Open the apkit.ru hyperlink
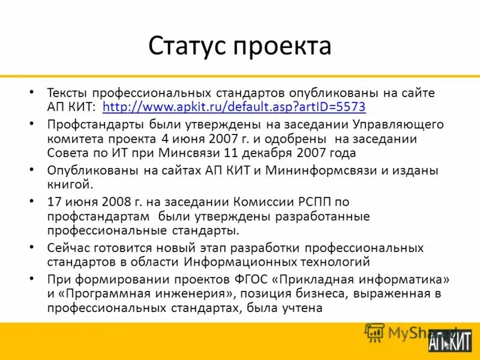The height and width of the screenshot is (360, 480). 234,107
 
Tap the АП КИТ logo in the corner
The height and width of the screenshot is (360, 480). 450,340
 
